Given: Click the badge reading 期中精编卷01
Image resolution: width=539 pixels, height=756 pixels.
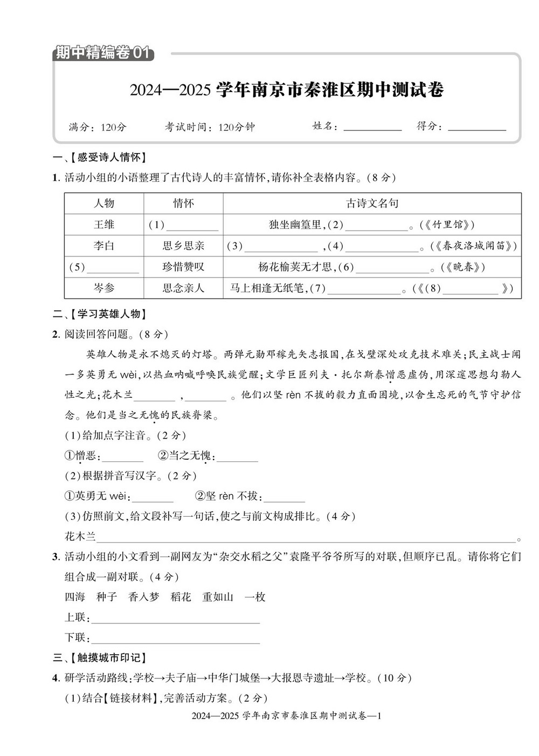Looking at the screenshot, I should pyautogui.click(x=102, y=53).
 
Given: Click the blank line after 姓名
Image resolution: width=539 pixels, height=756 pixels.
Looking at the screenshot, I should pyautogui.click(x=372, y=128).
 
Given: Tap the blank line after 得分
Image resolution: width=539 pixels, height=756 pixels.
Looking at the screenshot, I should pyautogui.click(x=477, y=128).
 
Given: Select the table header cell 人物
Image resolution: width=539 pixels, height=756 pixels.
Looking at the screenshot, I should pyautogui.click(x=104, y=203).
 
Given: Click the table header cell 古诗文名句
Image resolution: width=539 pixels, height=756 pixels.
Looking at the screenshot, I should pyautogui.click(x=372, y=203).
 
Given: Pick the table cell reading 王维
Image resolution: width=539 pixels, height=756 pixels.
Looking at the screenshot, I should pyautogui.click(x=104, y=225).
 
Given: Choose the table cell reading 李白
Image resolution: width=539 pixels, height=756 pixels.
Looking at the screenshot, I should pyautogui.click(x=104, y=246).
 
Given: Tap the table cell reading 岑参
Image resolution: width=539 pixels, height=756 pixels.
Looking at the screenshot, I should pyautogui.click(x=104, y=288).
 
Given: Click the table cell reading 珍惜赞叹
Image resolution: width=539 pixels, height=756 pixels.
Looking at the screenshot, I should pyautogui.click(x=183, y=267).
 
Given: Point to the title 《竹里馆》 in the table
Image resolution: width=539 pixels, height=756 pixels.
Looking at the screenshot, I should pyautogui.click(x=447, y=225).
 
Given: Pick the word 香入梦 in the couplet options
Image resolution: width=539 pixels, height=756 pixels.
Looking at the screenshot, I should pyautogui.click(x=144, y=597).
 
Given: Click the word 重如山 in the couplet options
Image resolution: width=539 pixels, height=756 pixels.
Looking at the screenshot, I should pyautogui.click(x=218, y=597).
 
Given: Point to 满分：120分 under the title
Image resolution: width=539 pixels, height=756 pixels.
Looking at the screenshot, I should pyautogui.click(x=98, y=127).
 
